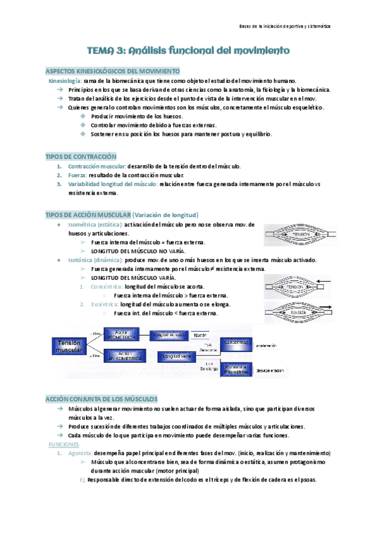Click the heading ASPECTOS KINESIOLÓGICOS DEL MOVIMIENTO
(114, 71)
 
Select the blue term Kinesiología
(65, 81)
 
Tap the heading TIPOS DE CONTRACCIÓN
(82, 156)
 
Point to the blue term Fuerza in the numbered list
(77, 175)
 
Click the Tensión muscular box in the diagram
(68, 346)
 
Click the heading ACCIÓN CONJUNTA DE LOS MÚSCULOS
(102, 399)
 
